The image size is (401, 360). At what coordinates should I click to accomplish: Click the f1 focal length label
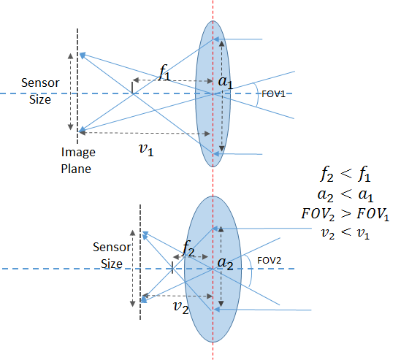coord(164,72)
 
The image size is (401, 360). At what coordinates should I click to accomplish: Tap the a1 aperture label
coord(226,82)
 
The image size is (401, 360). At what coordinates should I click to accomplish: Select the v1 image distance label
coord(146,150)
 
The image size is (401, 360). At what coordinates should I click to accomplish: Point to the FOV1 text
coord(273,94)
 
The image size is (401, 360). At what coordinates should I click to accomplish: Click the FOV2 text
coord(270,261)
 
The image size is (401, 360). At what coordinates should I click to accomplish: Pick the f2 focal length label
coord(188,249)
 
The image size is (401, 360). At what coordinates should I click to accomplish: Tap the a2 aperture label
coord(225,264)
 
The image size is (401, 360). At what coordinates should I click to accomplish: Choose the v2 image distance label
coord(181,307)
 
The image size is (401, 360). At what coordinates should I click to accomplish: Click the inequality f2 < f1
coord(345,174)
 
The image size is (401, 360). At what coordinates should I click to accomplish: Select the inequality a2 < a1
coord(345,196)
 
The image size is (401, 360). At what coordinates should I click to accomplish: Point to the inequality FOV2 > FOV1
coord(345,214)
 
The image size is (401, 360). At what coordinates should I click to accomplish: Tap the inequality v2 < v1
coord(345,234)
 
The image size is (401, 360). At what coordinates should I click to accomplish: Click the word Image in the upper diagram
coord(78,153)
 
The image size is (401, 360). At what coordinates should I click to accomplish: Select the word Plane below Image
coord(76,169)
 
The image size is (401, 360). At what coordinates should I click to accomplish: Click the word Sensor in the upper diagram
coord(40,83)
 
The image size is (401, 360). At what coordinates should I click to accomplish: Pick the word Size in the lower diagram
coord(112,264)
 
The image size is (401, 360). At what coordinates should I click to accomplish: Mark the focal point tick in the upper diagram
coord(132,88)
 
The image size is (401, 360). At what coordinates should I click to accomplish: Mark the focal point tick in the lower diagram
coord(172,268)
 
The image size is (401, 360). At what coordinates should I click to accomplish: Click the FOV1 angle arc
coord(257,95)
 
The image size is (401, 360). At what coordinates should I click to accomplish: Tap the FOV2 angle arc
coord(251,270)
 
